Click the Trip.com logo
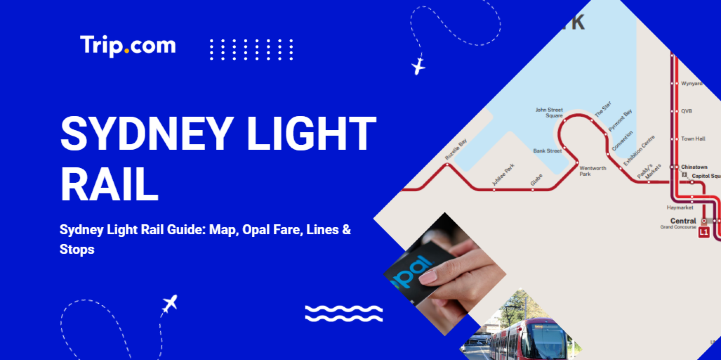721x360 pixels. [x=128, y=45]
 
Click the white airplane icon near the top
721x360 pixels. [x=418, y=67]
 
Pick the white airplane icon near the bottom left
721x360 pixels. [x=169, y=302]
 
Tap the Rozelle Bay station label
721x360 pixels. [x=456, y=150]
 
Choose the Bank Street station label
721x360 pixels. [x=546, y=150]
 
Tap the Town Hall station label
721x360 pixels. [x=693, y=138]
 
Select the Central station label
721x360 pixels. [x=683, y=220]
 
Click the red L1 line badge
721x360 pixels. [x=704, y=233]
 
